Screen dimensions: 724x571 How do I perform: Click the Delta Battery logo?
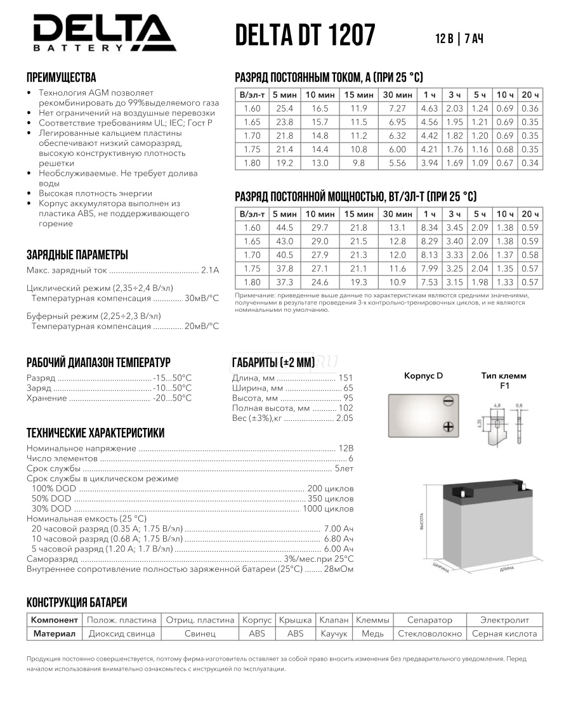coord(102,32)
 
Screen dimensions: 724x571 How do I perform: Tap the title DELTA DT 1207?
coord(305,36)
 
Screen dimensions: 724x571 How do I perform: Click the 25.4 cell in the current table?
coord(284,108)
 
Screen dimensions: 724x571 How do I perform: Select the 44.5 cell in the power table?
coord(284,228)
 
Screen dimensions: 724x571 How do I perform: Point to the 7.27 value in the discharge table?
coord(397,108)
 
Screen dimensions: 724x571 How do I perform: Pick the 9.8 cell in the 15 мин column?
coord(358,163)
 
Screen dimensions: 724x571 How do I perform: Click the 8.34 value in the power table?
coord(430,228)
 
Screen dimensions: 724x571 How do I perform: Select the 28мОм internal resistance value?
coord(339,569)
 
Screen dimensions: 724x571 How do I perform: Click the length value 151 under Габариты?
coord(346,378)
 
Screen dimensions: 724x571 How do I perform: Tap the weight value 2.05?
coord(345,418)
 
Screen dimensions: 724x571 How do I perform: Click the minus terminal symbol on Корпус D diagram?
coord(448,401)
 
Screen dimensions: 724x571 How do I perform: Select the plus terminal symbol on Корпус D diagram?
coord(448,426)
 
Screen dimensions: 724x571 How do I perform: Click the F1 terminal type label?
coord(504,385)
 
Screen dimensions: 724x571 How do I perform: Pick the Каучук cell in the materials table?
coord(334,633)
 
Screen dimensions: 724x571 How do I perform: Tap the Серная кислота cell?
coord(505,633)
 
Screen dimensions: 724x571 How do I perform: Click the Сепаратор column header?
coord(430,619)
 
